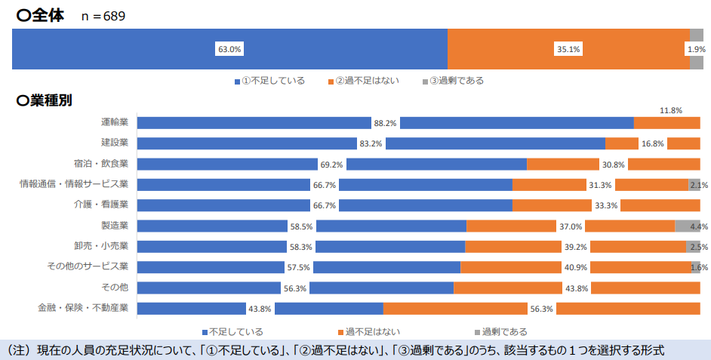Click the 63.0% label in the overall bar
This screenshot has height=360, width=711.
pyautogui.click(x=229, y=50)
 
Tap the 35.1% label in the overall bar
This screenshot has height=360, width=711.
pyautogui.click(x=568, y=50)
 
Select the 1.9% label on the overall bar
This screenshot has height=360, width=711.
pyautogui.click(x=696, y=50)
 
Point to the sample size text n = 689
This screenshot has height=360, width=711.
pyautogui.click(x=103, y=16)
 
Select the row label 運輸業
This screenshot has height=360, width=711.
pyautogui.click(x=115, y=122)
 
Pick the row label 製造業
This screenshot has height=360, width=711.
pyautogui.click(x=115, y=226)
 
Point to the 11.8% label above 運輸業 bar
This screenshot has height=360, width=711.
pyautogui.click(x=671, y=110)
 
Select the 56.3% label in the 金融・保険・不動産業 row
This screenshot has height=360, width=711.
pyautogui.click(x=542, y=309)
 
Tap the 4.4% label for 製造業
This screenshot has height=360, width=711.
pyautogui.click(x=699, y=226)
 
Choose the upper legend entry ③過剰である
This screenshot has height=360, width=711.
pyautogui.click(x=453, y=81)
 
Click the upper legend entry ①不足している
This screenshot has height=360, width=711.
pyautogui.click(x=269, y=81)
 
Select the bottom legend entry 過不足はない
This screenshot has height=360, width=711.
pyautogui.click(x=368, y=331)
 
